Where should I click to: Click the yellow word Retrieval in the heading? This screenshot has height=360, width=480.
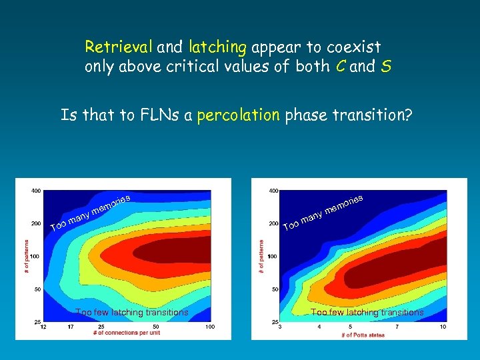[119, 47]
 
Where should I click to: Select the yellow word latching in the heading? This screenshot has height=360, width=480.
[218, 47]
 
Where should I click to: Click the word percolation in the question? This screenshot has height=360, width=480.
[239, 115]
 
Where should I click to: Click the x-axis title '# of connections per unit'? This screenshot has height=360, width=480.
[126, 333]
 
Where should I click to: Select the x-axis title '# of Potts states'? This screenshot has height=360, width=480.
[361, 334]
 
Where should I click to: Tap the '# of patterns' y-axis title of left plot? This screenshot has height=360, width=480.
[27, 256]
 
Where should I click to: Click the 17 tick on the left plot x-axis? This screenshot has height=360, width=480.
[71, 327]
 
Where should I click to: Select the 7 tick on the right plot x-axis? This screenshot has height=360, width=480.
[398, 327]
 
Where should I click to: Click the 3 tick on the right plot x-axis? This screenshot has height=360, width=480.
[280, 327]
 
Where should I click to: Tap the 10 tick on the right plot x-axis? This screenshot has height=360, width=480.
[443, 327]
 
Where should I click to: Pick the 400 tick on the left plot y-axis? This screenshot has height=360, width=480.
[35, 191]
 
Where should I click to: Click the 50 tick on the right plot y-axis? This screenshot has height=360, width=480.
[273, 289]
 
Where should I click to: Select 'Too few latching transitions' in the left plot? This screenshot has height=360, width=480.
[132, 312]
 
